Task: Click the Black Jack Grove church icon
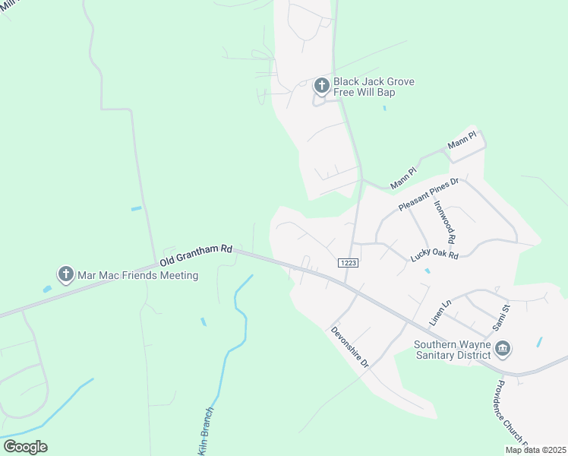click(x=321, y=86)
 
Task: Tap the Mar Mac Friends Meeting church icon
click(x=66, y=274)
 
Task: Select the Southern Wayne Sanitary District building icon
click(x=502, y=349)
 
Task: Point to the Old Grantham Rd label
click(x=196, y=255)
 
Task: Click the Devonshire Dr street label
click(x=349, y=347)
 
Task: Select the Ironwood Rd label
click(x=445, y=221)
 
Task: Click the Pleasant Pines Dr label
click(x=429, y=195)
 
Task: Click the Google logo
click(x=25, y=447)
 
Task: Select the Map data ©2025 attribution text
click(x=536, y=450)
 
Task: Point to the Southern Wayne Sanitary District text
click(x=453, y=349)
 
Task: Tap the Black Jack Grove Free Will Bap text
click(x=374, y=87)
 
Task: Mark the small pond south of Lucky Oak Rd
click(x=428, y=271)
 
